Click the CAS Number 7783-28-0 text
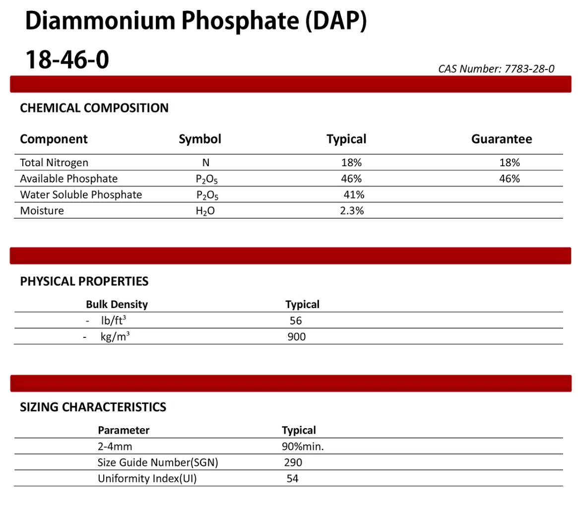496,69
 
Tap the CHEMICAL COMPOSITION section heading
94,108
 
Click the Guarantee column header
501,139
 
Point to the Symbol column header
200,139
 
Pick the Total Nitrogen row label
54,162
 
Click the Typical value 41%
354,194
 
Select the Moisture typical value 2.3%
352,211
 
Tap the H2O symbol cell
205,211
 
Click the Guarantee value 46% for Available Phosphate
510,179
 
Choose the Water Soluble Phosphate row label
81,194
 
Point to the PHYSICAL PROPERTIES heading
84,281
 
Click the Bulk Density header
117,304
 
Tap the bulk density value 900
297,337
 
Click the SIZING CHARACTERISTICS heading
93,407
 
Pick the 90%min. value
303,447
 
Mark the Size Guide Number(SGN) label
158,463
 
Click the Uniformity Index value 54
293,479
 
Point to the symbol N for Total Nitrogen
205,162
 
